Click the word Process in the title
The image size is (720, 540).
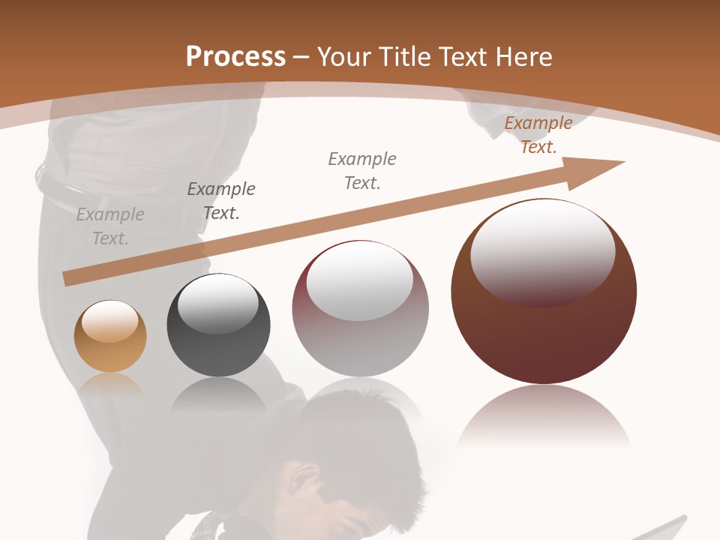(x=235, y=57)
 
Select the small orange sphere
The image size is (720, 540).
(x=110, y=337)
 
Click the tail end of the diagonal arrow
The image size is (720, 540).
(x=67, y=278)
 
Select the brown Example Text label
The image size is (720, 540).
(x=538, y=135)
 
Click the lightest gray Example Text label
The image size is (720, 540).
(x=110, y=226)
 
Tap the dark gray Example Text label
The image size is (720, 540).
(x=221, y=201)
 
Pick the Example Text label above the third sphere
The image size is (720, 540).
(x=362, y=171)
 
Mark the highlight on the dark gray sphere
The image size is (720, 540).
(x=217, y=304)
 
